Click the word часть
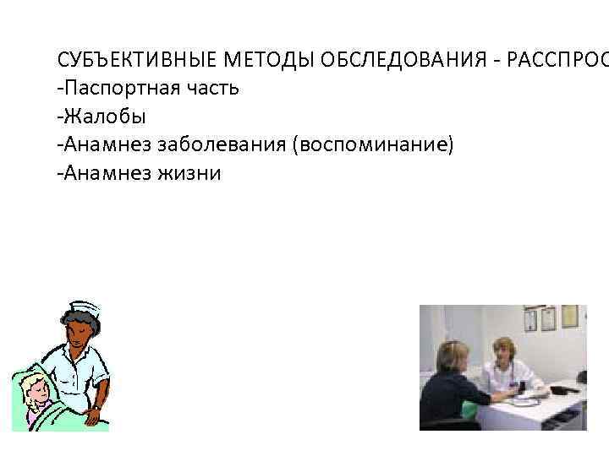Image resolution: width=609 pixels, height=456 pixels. click(214, 89)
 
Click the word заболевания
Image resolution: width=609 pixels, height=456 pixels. click(222, 145)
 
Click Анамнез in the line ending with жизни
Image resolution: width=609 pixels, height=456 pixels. click(102, 173)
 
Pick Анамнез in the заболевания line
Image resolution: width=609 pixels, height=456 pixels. click(102, 145)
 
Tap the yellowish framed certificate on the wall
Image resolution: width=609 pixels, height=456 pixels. click(569, 318)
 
